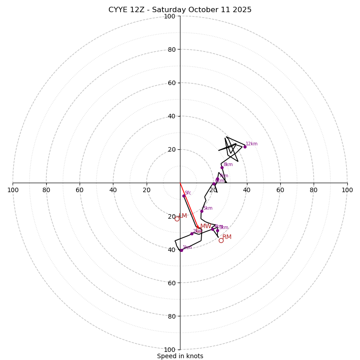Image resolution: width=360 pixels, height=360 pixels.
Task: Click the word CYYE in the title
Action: tap(118, 10)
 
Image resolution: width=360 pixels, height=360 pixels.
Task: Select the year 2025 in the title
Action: tap(242, 10)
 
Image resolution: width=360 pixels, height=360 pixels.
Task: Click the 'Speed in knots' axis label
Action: tap(180, 356)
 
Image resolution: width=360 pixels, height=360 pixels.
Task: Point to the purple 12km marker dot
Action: tap(245, 147)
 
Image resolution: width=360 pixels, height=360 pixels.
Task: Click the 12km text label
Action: tap(252, 144)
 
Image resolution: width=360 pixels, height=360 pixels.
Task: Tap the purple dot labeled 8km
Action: tap(222, 167)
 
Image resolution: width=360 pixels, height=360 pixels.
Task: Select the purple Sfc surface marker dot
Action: tap(184, 196)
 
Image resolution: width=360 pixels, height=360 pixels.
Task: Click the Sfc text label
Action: tap(188, 193)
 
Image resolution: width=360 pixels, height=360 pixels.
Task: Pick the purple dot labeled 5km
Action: tap(202, 211)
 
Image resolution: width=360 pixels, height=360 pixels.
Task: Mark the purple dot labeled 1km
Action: tap(181, 250)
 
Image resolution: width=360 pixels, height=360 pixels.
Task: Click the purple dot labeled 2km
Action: tap(192, 234)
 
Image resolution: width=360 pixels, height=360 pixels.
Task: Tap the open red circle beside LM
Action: tap(177, 219)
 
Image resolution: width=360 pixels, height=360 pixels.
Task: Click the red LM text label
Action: tap(183, 216)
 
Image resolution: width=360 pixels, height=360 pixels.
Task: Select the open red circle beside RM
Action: tap(221, 240)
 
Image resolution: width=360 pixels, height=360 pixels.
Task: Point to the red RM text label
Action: tap(227, 237)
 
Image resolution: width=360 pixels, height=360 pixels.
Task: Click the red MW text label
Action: tap(206, 226)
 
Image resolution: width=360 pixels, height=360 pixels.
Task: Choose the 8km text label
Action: tap(228, 165)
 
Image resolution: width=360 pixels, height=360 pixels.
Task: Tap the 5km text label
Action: tap(207, 208)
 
